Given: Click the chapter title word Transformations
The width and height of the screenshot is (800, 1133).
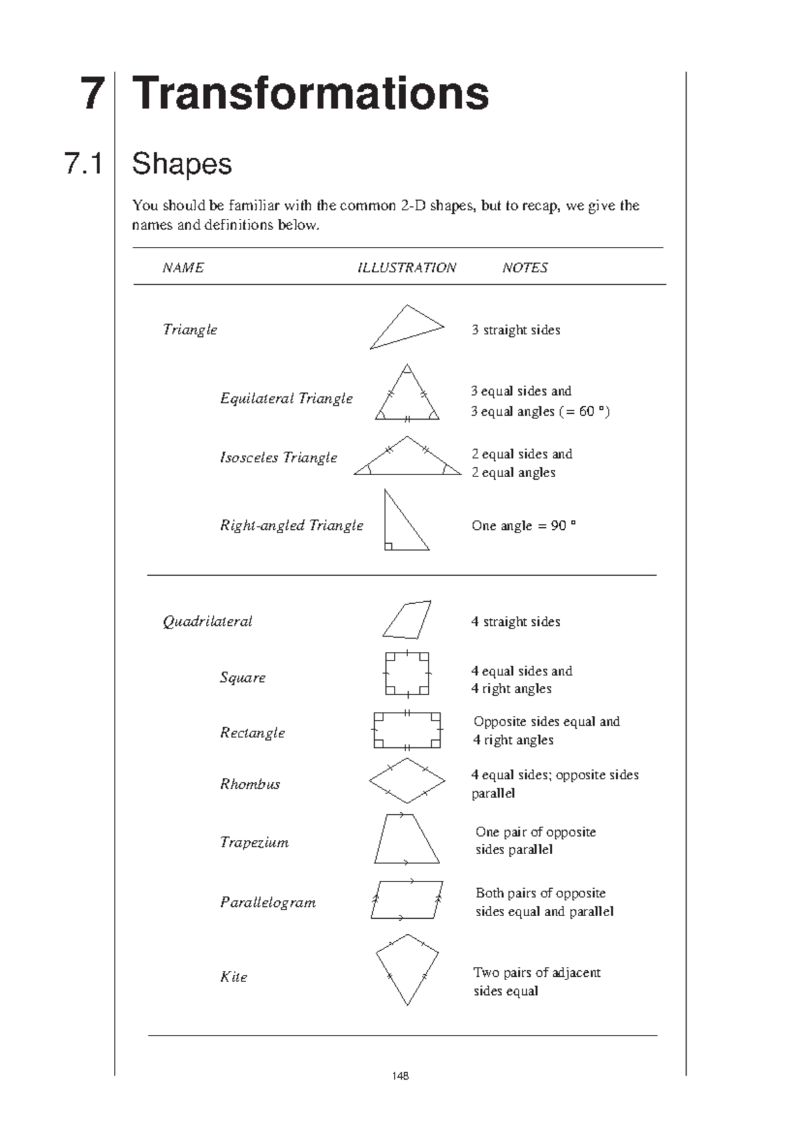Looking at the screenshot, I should pos(311,93).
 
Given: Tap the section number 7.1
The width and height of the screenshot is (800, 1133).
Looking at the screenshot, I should pos(83,163).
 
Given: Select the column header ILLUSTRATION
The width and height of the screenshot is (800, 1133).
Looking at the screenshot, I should pos(407,268).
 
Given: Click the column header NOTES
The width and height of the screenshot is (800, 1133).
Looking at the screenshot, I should pos(525,268).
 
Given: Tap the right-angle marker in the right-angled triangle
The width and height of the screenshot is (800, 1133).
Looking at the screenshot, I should pos(389,546).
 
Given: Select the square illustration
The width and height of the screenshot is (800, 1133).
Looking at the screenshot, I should pos(407,674).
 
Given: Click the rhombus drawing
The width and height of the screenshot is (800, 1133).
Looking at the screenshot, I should pos(407,780).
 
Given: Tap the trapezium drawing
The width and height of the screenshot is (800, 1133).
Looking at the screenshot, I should pos(406,839).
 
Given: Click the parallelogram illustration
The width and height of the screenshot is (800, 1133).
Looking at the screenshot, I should pos(407,899).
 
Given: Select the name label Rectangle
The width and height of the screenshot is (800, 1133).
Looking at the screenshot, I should pos(252,733).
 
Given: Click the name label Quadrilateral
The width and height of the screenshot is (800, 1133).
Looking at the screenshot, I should pos(207,621).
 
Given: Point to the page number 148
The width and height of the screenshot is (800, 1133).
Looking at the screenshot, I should pos(401,1076).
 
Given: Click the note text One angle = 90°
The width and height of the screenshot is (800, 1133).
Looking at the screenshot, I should pos(523,526).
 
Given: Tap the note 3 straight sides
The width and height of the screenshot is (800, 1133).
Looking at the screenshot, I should pos(515,330).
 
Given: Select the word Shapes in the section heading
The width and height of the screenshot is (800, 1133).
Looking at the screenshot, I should pos(181,163).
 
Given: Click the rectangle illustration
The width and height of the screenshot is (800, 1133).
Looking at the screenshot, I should pos(407,731).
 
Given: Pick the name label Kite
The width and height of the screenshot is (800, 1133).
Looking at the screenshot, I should pos(233,977).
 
